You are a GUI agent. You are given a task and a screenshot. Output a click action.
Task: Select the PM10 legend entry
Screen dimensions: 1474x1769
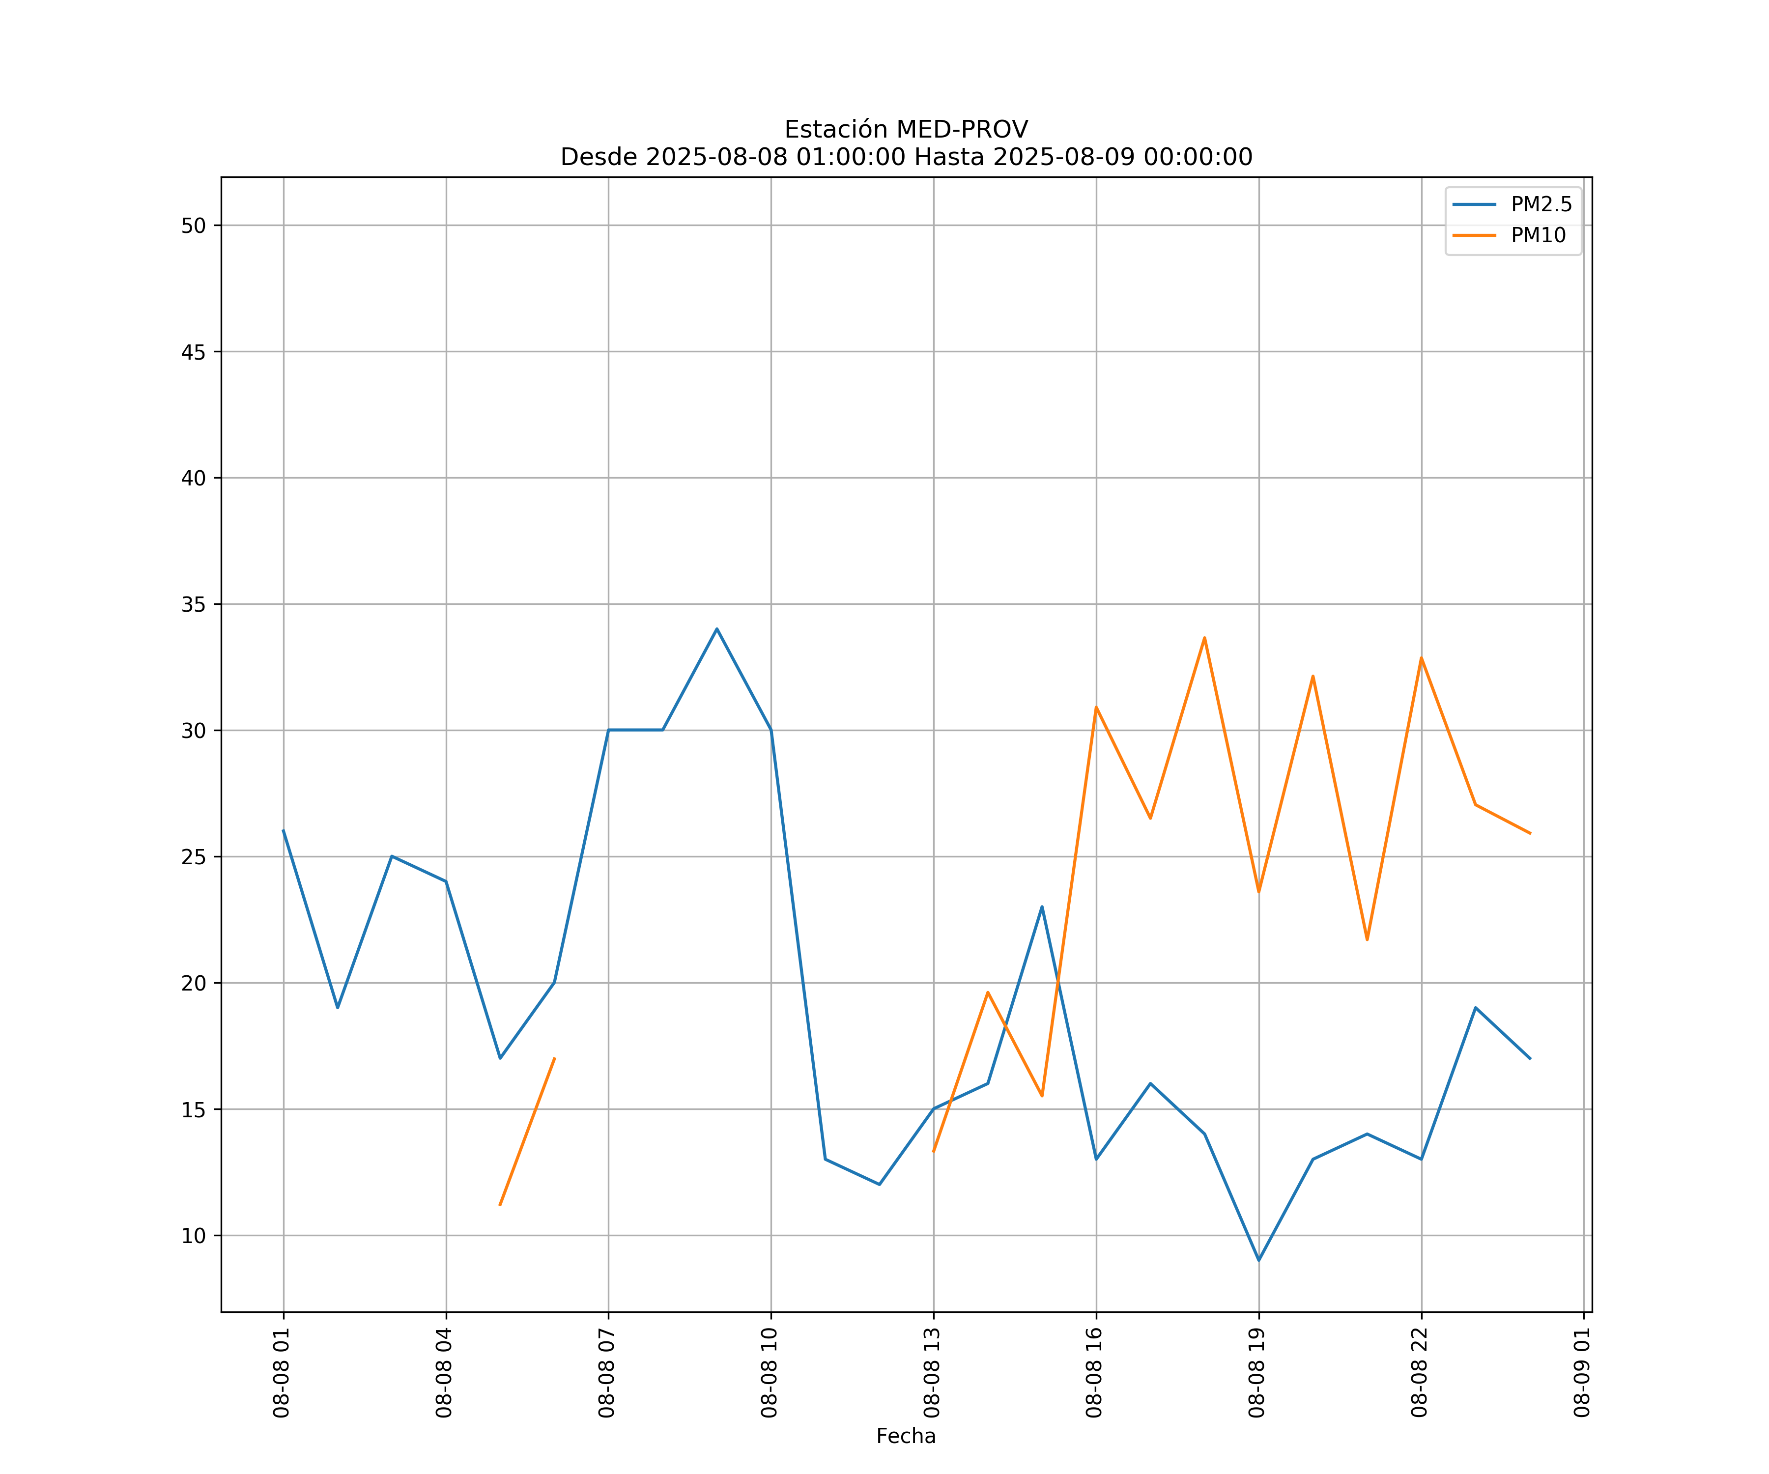point(1538,236)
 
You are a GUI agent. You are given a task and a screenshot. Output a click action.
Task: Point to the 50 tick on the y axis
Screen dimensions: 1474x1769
point(194,226)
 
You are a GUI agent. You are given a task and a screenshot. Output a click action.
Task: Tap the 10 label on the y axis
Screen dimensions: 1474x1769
point(194,1236)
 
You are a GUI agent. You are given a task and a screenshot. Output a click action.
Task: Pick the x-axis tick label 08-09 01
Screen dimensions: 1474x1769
point(1582,1373)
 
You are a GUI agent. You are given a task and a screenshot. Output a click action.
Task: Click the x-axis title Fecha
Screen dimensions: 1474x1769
point(906,1436)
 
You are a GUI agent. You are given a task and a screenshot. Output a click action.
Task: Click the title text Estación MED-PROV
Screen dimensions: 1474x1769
point(906,130)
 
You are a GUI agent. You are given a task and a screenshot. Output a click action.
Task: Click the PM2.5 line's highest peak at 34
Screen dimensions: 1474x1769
point(717,629)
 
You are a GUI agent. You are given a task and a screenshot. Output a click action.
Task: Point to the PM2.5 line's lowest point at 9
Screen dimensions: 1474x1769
point(1258,1260)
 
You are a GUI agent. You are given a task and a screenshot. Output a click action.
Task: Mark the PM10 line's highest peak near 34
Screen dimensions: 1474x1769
point(1204,638)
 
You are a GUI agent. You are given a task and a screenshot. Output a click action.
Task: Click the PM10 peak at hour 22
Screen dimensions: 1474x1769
point(1421,658)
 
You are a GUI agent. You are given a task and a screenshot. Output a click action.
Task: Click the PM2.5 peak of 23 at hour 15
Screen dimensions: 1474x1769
point(1042,907)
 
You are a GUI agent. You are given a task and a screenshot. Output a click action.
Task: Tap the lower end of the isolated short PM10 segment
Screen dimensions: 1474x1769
point(500,1204)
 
